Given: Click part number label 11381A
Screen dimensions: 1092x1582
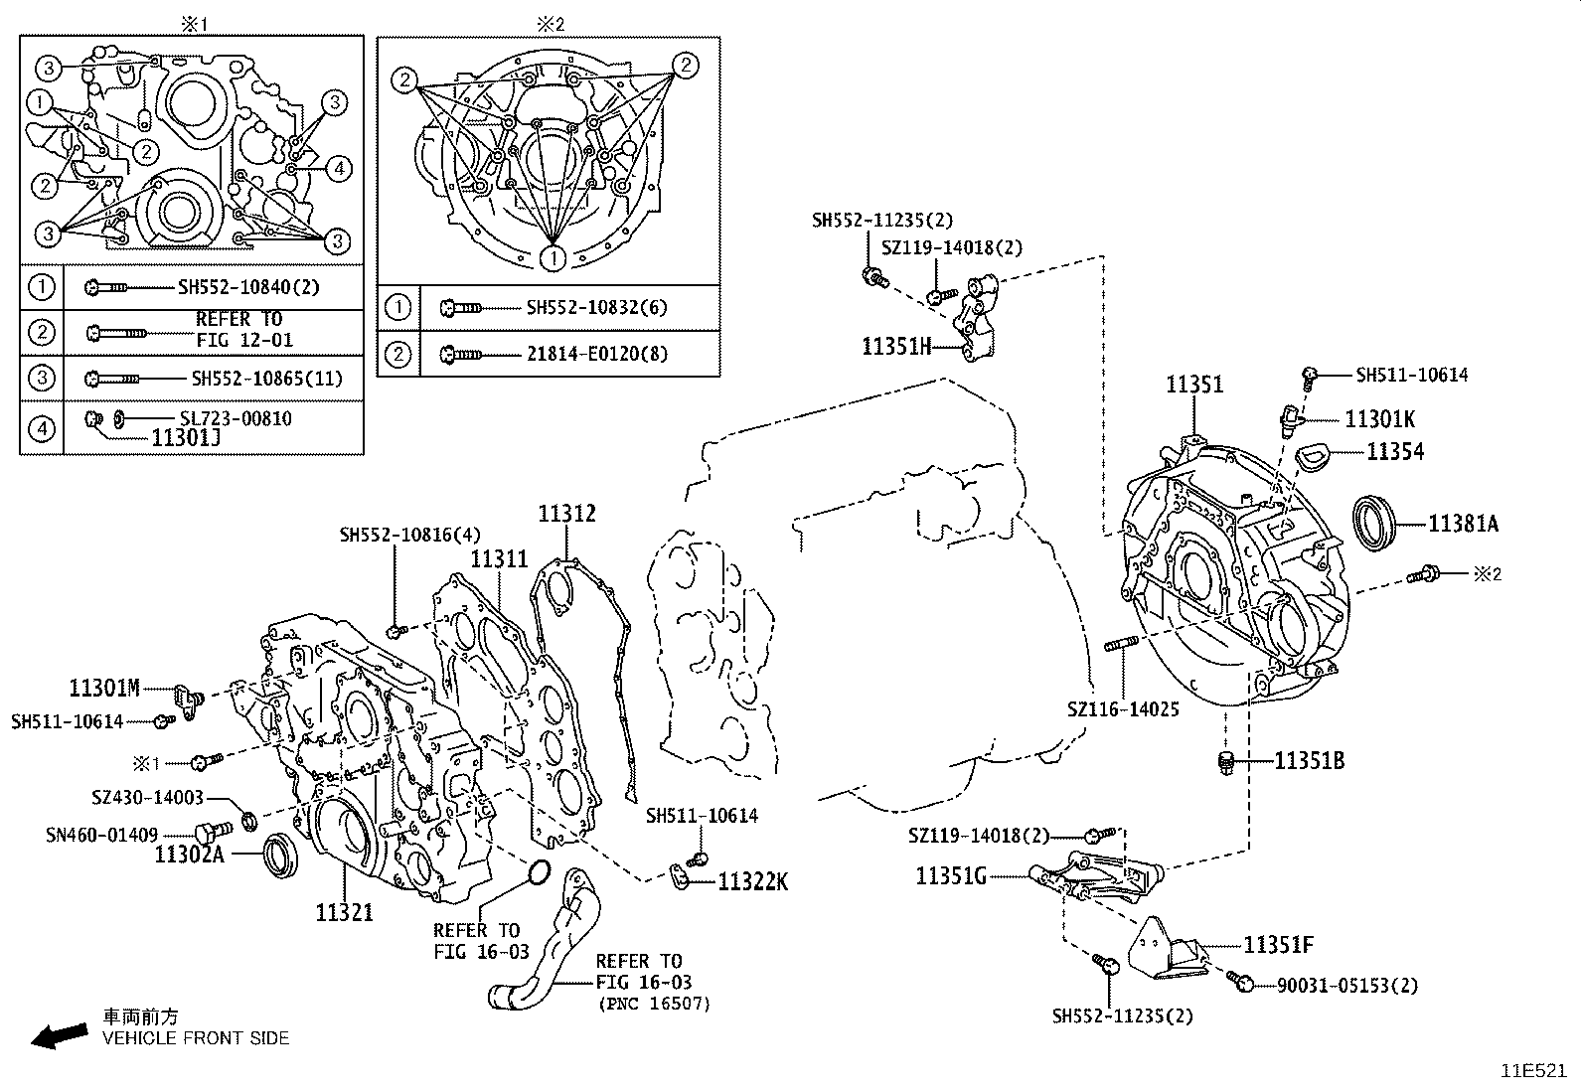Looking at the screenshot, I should pos(1462,523).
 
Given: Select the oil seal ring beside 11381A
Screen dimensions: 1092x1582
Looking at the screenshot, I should pos(1376,523).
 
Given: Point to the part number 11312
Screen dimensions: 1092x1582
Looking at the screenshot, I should pos(566,514).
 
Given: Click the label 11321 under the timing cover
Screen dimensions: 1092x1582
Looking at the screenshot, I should pos(344,912).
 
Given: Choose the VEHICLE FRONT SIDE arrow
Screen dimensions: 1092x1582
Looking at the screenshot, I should pos(58,1036).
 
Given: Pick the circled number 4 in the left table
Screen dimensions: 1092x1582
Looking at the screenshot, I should pos(41,428).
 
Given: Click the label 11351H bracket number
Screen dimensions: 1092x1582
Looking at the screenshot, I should pos(895,346).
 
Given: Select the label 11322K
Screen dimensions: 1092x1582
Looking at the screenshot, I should pos(752,881).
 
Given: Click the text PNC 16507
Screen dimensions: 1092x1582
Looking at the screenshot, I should pos(653,1003).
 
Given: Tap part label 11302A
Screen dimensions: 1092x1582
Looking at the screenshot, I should pos(190,854).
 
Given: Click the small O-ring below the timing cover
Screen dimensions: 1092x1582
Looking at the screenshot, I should pos(537,873).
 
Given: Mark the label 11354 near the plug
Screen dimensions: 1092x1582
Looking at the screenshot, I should pos(1394,452).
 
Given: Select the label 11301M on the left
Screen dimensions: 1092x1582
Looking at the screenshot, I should pos(105,687).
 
